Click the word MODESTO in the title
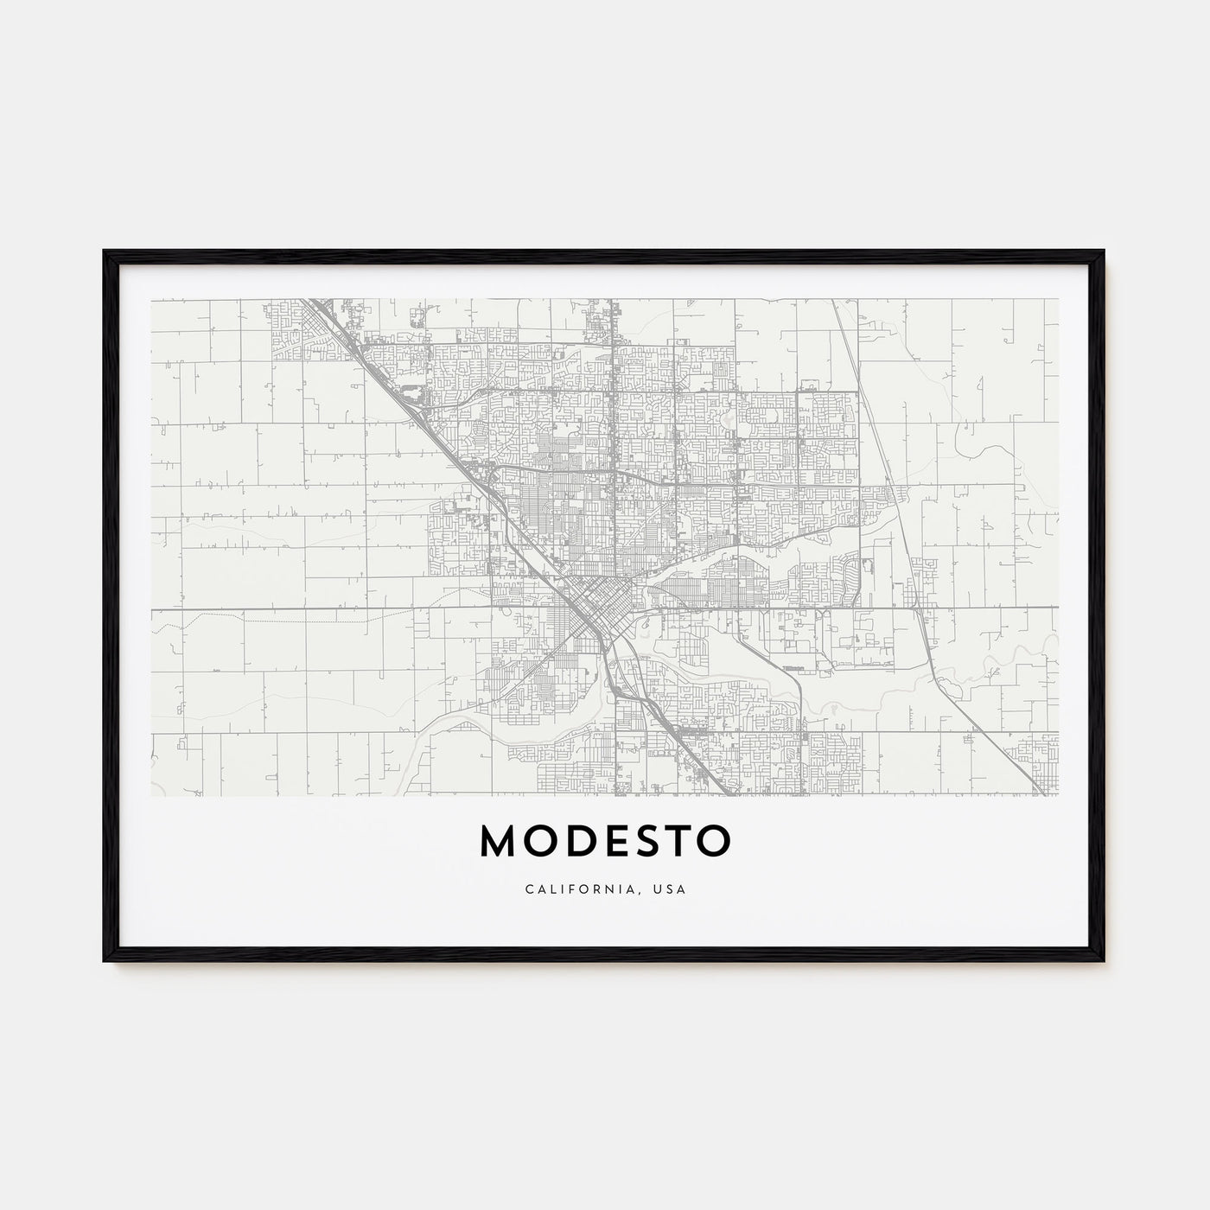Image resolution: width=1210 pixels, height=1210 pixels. coord(605,840)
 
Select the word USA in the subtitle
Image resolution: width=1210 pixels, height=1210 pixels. coord(669,889)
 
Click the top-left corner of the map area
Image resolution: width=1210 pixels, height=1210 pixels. coord(152,300)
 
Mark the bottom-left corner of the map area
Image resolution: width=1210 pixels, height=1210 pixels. coord(152,794)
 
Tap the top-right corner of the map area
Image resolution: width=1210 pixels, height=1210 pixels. coord(1058,300)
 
